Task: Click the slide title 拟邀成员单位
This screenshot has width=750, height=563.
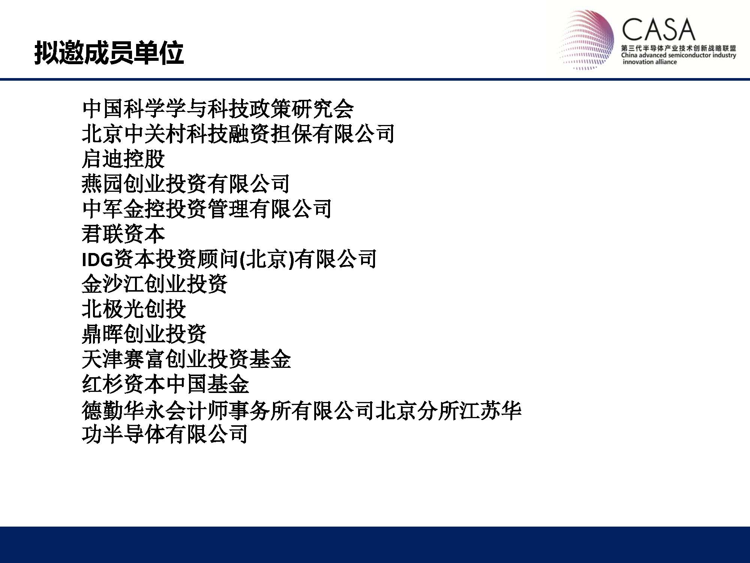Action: click(109, 53)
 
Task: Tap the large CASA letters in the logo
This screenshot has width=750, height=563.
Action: click(658, 30)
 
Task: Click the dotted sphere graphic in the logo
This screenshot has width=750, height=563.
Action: click(586, 40)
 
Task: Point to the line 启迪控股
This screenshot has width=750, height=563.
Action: click(123, 159)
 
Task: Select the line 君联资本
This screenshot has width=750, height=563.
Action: click(123, 234)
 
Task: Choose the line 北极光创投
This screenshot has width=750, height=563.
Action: click(134, 309)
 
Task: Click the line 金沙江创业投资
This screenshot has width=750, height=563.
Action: click(154, 284)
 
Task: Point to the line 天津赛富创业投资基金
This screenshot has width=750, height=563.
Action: click(186, 359)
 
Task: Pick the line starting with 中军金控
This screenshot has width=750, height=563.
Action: click(207, 209)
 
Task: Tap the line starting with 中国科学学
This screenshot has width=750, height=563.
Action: click(218, 109)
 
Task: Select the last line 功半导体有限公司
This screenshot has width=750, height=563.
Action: click(165, 434)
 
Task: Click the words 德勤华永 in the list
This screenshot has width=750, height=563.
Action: click(123, 411)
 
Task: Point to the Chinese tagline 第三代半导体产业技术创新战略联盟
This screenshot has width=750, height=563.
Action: click(678, 48)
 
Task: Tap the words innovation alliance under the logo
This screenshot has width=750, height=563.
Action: click(650, 62)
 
